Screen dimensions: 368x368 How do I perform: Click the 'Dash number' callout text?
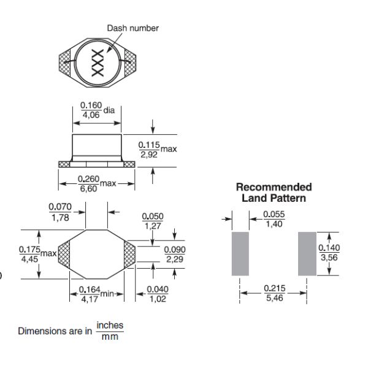coord(133,28)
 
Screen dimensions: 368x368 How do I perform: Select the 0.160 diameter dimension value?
coord(91,110)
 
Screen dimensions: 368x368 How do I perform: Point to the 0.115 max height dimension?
coord(149,149)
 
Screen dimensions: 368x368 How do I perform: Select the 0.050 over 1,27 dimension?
coord(153,221)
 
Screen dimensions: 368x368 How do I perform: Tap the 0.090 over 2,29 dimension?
coord(174,255)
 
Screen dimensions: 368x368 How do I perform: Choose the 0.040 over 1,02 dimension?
coord(157,294)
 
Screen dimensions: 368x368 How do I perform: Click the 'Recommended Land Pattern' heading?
coord(274,193)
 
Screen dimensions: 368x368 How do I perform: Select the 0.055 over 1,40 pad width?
coord(274,218)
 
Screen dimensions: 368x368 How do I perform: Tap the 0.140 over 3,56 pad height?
coord(329,253)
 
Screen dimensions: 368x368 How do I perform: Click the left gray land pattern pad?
coord(239,253)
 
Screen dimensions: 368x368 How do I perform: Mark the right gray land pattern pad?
coord(306,253)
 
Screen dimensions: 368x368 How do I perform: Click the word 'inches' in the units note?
coord(110,325)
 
